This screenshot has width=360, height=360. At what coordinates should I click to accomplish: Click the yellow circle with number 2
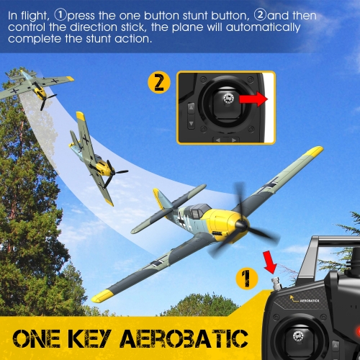(159, 82)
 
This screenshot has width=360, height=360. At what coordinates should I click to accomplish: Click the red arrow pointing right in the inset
(253, 99)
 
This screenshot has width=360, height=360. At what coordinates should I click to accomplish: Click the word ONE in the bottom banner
(43, 338)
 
